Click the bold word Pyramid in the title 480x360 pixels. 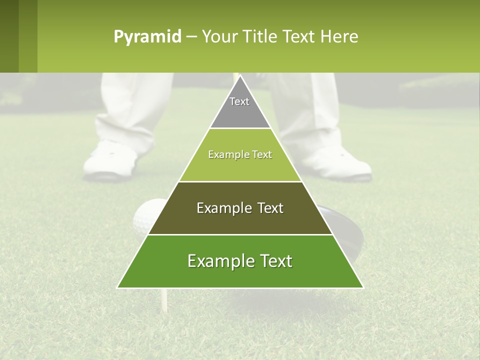click(147, 37)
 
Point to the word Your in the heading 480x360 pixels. click(218, 37)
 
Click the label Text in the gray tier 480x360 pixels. click(239, 101)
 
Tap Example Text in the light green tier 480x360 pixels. click(240, 154)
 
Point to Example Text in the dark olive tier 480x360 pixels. click(240, 208)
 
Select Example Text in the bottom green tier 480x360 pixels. click(240, 261)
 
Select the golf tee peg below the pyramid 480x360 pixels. click(163, 300)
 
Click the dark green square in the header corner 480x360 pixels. click(18, 36)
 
